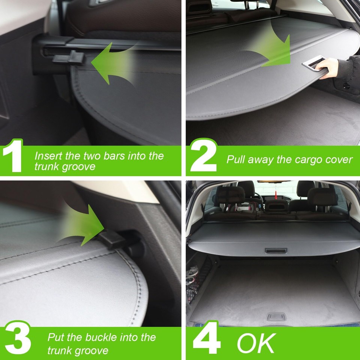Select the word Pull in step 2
[x=236, y=159]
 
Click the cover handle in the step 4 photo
[x=276, y=250]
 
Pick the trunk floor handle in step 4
[x=276, y=316]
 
